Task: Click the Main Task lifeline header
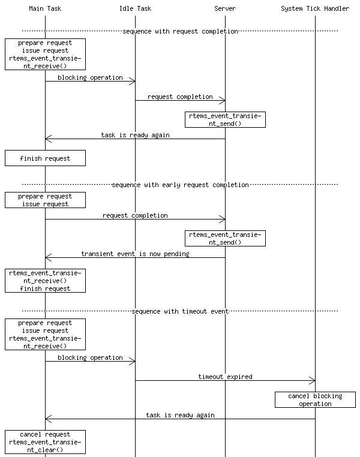(45, 8)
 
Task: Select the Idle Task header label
(135, 8)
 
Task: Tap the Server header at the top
(225, 8)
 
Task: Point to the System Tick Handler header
(315, 8)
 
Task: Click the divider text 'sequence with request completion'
(180, 31)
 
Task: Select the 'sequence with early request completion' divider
(180, 185)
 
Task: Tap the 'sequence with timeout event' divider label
(180, 311)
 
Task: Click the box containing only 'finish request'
(45, 158)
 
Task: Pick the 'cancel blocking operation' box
(315, 399)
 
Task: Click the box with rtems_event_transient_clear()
(45, 442)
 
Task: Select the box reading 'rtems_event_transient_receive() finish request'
(45, 281)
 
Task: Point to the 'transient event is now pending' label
(135, 254)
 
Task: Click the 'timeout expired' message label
(225, 377)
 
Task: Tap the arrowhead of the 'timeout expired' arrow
(313, 381)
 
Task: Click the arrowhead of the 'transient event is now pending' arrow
(48, 258)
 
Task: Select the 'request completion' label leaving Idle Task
(180, 96)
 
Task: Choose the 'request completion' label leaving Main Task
(135, 215)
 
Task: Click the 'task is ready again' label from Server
(135, 135)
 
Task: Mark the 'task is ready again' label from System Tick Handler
(180, 415)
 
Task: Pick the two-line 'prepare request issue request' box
(45, 200)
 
